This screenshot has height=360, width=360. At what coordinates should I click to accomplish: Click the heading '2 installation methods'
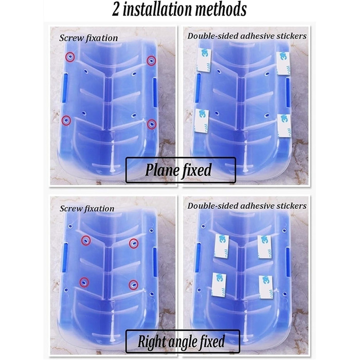pos(179,9)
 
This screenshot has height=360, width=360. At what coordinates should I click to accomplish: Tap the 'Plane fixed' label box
pos(181,170)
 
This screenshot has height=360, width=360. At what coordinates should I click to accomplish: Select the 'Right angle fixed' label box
pos(183,341)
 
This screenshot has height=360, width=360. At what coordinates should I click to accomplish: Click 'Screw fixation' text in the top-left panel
pos(88,38)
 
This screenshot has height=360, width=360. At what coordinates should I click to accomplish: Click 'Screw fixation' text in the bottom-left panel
pos(87,208)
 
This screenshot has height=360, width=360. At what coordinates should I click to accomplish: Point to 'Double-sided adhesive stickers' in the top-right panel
pos(247,36)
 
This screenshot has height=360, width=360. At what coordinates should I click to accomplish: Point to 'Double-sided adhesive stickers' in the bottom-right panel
pos(247,206)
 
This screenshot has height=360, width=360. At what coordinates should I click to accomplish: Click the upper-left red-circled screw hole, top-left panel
pos(70,57)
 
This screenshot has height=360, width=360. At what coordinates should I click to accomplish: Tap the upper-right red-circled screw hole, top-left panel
pos(151,61)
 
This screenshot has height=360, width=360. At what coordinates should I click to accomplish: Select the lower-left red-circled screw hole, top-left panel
pos(66,120)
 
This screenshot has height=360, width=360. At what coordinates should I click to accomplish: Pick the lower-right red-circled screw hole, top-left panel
pos(152,124)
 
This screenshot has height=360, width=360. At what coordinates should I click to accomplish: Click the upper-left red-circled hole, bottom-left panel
pos(86,241)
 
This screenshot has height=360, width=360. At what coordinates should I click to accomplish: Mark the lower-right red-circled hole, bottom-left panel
pos(133,285)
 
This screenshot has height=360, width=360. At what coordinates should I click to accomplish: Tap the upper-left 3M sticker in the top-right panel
pos(204,60)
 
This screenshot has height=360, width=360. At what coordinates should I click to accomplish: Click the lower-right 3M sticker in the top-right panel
pos(284,126)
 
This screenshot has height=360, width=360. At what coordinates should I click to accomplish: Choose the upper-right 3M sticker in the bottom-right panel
pos(264,247)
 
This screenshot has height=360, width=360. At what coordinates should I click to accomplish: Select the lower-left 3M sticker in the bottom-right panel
pos(219,285)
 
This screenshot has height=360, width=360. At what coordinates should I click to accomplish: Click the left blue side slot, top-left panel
pos(64,88)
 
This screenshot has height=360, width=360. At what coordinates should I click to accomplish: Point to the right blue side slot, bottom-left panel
pos(155,262)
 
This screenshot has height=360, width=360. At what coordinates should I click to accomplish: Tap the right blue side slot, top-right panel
pos(288,93)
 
